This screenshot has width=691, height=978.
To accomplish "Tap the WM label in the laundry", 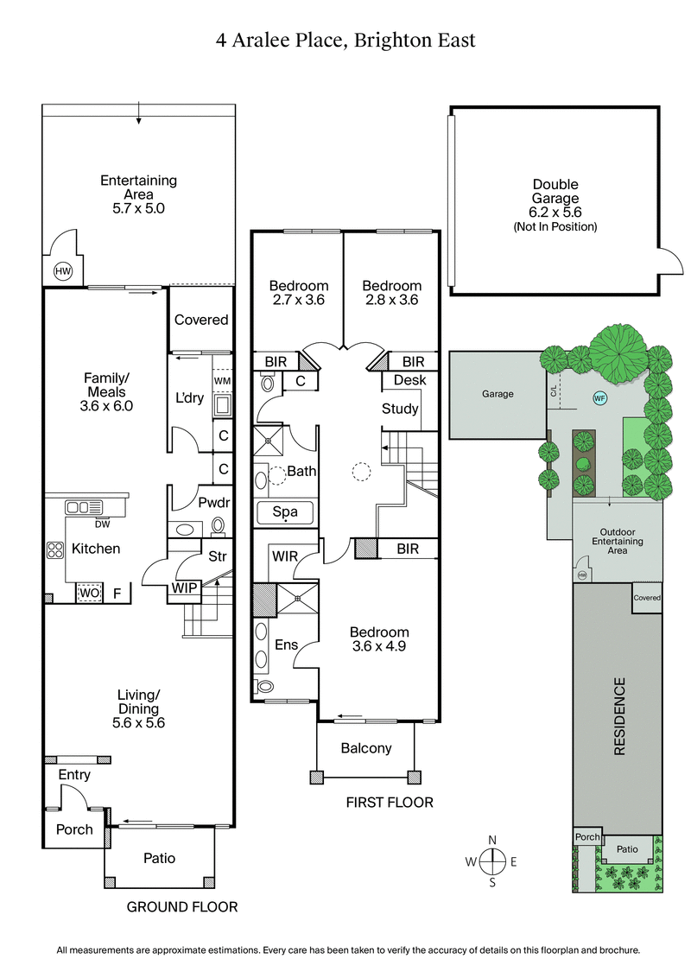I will [x=223, y=381].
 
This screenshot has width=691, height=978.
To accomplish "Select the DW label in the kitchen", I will [x=102, y=523].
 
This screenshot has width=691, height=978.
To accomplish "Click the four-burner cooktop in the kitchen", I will [x=56, y=549].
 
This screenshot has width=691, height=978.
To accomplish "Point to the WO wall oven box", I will [x=89, y=594].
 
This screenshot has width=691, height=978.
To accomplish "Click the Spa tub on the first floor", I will [x=285, y=512].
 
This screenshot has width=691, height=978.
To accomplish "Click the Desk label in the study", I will [x=409, y=380].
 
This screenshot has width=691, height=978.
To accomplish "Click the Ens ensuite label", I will [x=286, y=645].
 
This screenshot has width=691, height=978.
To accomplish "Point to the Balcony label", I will [x=366, y=748].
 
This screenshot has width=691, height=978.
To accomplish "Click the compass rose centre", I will [x=492, y=861].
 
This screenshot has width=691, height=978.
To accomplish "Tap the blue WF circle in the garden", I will [x=599, y=398].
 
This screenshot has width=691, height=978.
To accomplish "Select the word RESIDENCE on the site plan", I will [x=618, y=717].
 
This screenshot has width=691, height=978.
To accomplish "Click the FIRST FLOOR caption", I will [x=390, y=803].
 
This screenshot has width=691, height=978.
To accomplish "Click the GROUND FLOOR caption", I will [x=181, y=907].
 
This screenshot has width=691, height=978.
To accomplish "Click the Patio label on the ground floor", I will [x=160, y=858].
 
